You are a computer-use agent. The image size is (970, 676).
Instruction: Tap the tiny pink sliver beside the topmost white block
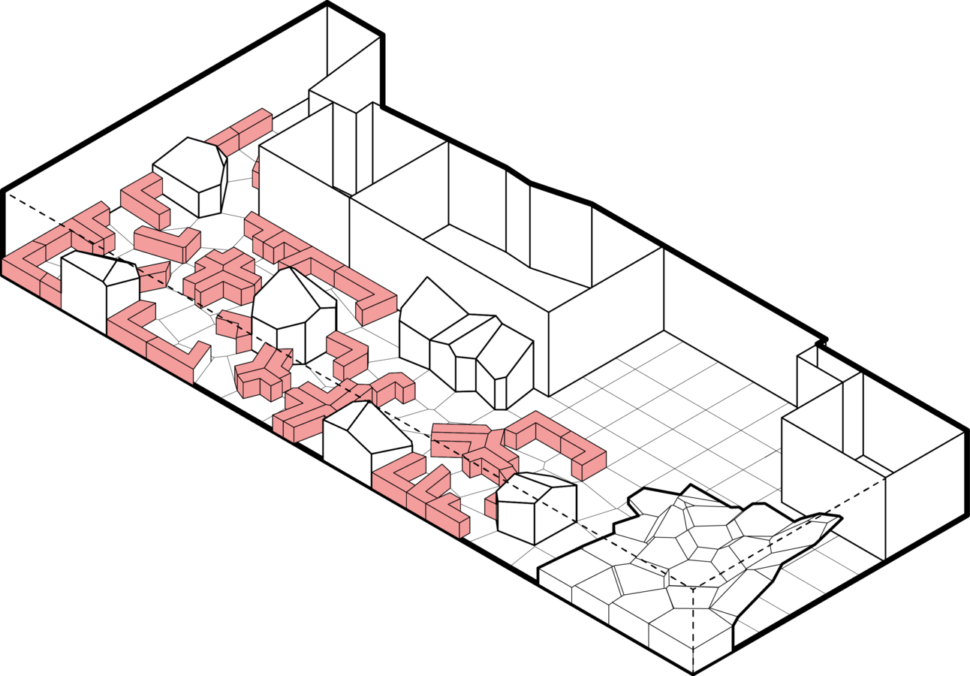click(x=256, y=174)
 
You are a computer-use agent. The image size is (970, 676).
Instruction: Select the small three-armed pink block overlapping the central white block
click(x=263, y=373)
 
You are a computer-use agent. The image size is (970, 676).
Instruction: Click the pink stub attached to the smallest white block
click(x=490, y=506)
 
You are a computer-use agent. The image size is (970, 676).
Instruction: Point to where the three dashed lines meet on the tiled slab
click(x=691, y=587)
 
